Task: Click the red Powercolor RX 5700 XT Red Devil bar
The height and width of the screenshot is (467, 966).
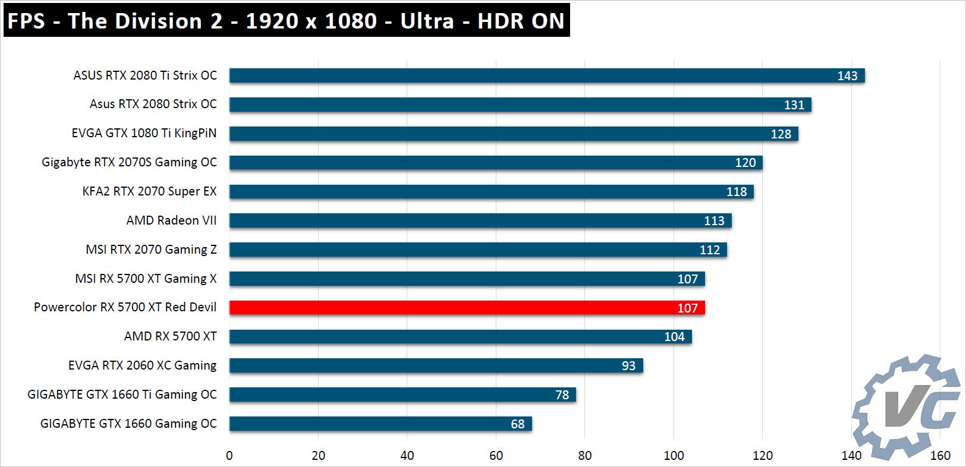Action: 467,307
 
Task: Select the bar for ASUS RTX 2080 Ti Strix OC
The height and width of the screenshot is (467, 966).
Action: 547,75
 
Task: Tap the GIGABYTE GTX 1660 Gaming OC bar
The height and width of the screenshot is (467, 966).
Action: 380,424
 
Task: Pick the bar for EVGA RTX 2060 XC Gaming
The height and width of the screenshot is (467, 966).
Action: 436,365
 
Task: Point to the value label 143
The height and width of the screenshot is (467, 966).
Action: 847,76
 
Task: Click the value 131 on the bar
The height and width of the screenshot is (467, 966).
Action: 794,105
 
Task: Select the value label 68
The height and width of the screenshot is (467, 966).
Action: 518,424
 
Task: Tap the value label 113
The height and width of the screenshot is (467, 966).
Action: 714,221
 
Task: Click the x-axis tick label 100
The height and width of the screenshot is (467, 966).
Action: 674,456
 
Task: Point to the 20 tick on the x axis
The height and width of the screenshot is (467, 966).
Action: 318,456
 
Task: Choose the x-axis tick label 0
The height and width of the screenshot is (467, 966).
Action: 229,456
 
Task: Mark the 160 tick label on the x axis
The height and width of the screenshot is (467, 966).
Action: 940,456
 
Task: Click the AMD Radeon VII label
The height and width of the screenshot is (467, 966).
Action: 171,220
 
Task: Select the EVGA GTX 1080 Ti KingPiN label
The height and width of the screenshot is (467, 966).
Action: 144,133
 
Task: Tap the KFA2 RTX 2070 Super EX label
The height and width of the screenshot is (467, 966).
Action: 149,191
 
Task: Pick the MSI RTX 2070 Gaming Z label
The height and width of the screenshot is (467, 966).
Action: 151,250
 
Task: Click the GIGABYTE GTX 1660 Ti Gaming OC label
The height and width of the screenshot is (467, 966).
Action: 122,395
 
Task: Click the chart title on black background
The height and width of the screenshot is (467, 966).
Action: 286,21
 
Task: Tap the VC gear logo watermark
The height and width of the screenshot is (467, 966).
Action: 906,408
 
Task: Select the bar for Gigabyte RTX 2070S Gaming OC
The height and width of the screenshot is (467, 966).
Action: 496,162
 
